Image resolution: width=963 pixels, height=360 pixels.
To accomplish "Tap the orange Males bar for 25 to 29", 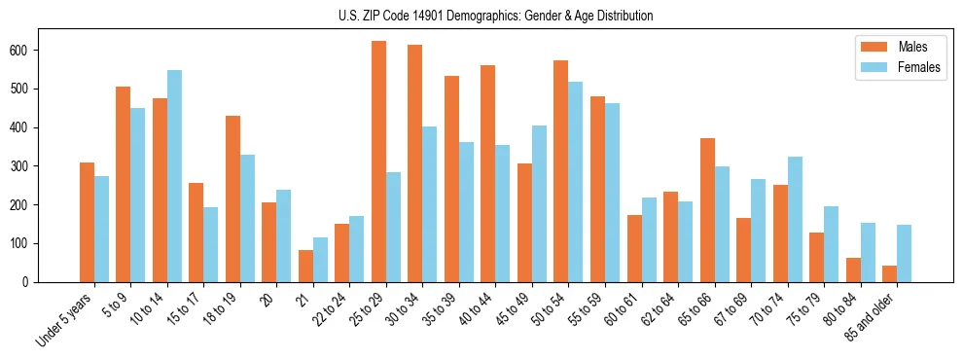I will (x=379, y=162).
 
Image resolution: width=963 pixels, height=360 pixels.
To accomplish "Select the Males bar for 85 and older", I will (x=890, y=273).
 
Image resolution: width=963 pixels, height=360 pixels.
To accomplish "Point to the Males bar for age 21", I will (x=306, y=266).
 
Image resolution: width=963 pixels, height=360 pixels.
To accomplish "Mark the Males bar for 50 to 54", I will (x=561, y=171).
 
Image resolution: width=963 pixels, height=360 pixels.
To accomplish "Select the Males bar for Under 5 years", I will (x=87, y=222).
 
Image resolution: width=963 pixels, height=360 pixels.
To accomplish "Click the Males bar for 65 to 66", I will (x=708, y=210).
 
